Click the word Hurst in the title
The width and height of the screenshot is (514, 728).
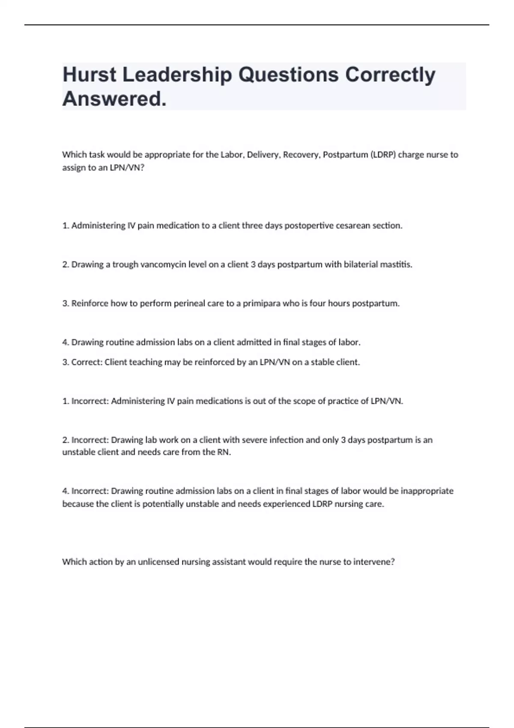pos(89,75)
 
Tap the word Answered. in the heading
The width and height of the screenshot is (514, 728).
pos(114,99)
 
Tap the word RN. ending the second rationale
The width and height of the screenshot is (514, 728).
pos(224,452)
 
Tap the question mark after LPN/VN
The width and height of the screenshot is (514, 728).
pos(142,167)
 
